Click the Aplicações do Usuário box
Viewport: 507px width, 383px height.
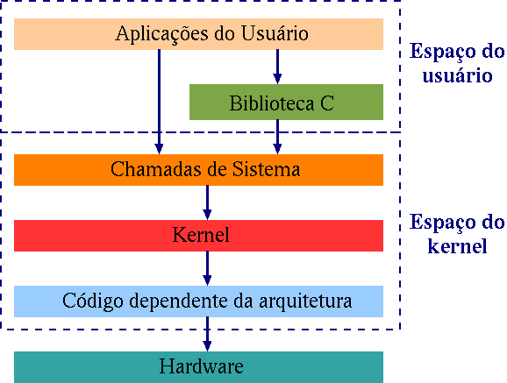tap(199, 34)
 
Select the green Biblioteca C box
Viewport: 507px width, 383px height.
tap(286, 103)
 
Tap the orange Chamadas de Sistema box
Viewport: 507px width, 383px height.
tap(199, 169)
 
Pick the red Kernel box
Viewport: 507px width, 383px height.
tap(199, 236)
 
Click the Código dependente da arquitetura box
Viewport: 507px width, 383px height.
tap(199, 301)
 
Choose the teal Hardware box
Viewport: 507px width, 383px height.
tap(199, 366)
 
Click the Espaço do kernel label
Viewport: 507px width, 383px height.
tap(457, 233)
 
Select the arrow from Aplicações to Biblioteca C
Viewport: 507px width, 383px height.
tap(278, 67)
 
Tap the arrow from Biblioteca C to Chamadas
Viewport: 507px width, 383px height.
tap(278, 136)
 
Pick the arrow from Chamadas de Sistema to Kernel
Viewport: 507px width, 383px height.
tap(208, 202)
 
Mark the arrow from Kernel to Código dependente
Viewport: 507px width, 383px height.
tap(208, 268)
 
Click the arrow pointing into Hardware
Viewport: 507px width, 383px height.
tap(208, 334)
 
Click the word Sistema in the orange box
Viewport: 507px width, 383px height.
tap(270, 169)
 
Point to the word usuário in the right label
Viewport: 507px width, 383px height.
tap(456, 75)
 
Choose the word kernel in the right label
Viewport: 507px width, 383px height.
tap(457, 245)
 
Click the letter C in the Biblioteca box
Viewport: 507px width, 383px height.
tap(327, 103)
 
